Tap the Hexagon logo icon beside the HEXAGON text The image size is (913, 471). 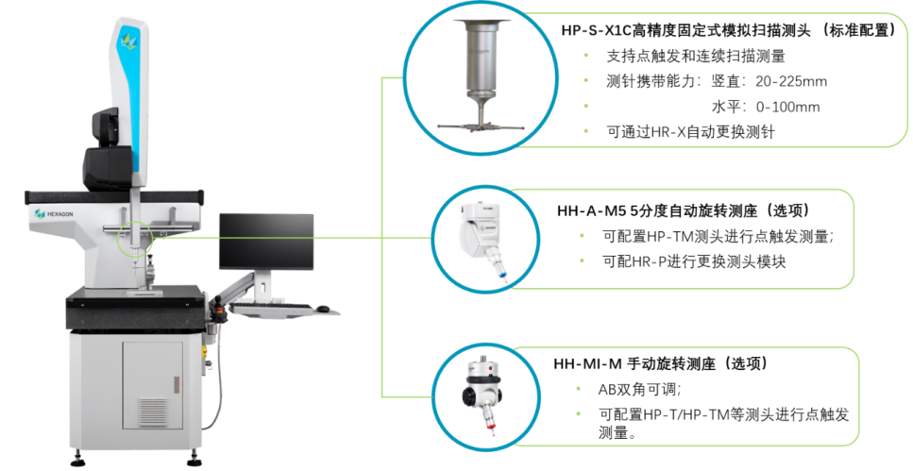tap(40, 214)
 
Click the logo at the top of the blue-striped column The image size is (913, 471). tap(126, 41)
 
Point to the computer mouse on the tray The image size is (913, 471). tap(323, 308)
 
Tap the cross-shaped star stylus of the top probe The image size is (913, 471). tap(482, 124)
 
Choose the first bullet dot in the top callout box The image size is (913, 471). tap(586, 56)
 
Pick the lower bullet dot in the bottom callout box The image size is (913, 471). tap(578, 412)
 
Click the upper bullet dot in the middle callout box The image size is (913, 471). tap(581, 235)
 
